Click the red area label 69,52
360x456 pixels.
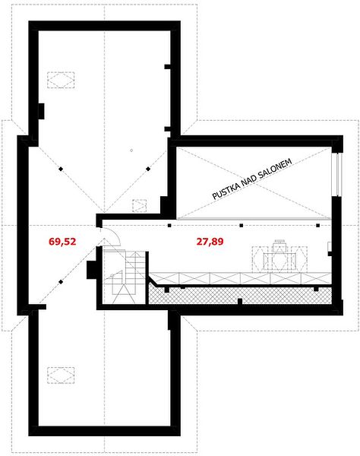(x=62, y=242)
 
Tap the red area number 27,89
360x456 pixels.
(x=210, y=242)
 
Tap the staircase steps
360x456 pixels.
(x=125, y=277)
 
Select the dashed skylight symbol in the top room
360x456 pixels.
(x=61, y=80)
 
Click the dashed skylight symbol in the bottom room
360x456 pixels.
(x=61, y=375)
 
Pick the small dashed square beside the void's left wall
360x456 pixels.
(x=140, y=206)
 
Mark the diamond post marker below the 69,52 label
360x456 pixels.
(x=61, y=282)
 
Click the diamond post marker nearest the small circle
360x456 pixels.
(x=148, y=169)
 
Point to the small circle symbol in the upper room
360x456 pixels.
(x=131, y=150)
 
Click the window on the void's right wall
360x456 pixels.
(x=338, y=174)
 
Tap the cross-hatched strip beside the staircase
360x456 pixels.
(x=240, y=295)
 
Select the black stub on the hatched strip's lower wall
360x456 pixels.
(x=240, y=301)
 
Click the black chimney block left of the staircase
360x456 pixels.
(x=92, y=270)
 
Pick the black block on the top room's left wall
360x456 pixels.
(x=41, y=111)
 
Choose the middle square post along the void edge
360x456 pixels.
(x=241, y=225)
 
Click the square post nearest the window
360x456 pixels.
(x=318, y=225)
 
